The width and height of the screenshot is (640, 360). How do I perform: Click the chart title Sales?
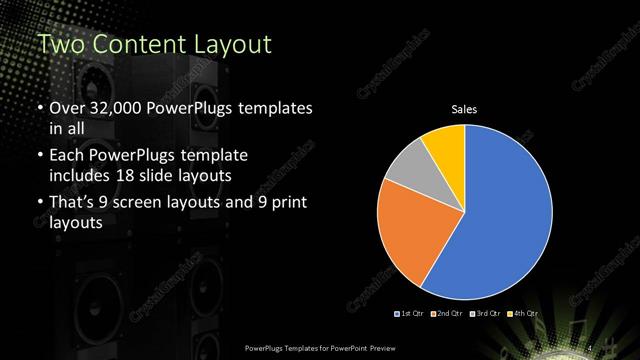(x=465, y=109)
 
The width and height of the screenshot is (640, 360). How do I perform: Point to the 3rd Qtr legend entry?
(x=486, y=314)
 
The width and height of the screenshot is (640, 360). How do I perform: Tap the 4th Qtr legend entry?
(x=523, y=314)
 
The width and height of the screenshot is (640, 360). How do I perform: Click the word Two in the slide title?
(x=56, y=45)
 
